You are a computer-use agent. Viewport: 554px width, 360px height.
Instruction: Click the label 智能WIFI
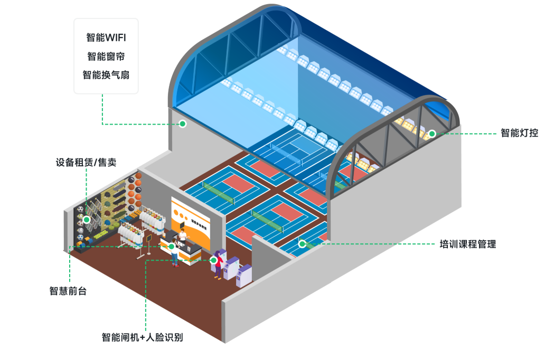point(106,38)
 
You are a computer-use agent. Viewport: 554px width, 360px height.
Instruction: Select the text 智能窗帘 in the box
point(106,56)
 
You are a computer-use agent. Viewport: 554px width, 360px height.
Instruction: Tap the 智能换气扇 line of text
point(106,74)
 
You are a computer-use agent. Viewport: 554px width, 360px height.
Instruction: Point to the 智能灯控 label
point(519,133)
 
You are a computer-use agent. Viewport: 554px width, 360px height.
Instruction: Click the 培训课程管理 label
point(468,244)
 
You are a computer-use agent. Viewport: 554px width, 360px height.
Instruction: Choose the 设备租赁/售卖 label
point(86,162)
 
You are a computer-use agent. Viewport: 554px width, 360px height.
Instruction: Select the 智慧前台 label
point(68,290)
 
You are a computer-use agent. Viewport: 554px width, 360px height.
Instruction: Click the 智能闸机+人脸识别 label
point(143,337)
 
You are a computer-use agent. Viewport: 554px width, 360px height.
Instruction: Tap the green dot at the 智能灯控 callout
point(431,134)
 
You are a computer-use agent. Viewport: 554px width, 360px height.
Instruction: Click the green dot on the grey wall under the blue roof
point(182,124)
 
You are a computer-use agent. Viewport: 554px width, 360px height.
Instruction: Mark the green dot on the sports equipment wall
point(87,219)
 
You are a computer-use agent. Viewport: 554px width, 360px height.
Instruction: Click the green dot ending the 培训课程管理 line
point(302,244)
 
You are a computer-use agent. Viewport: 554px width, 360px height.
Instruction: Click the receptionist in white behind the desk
point(183,235)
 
